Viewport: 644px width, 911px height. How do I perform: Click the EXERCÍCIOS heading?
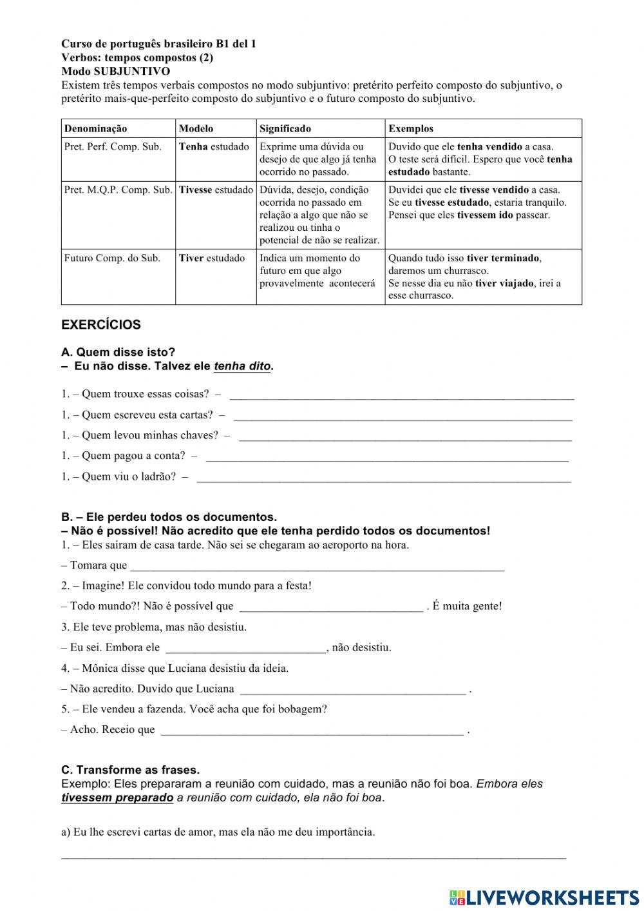pyautogui.click(x=100, y=325)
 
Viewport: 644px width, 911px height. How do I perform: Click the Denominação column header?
pyautogui.click(x=95, y=128)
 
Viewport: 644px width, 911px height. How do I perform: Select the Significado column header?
pyautogui.click(x=285, y=128)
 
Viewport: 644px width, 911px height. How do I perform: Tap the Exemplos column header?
pyautogui.click(x=410, y=128)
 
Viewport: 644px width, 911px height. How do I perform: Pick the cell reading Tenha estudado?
pyautogui.click(x=214, y=146)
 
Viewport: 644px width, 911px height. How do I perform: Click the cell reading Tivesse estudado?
pyautogui.click(x=216, y=190)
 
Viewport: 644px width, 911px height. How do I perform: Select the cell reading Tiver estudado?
pyautogui.click(x=212, y=258)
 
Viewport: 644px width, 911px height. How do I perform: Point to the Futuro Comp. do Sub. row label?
pyautogui.click(x=112, y=258)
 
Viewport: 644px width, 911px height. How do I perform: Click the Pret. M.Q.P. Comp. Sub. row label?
pyautogui.click(x=118, y=190)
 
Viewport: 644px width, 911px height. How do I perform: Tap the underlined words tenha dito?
pyautogui.click(x=242, y=366)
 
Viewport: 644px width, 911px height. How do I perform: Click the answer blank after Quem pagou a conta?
pyautogui.click(x=386, y=456)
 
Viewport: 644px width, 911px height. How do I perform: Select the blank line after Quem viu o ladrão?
pyautogui.click(x=383, y=477)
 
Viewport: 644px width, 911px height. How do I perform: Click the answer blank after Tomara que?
pyautogui.click(x=317, y=566)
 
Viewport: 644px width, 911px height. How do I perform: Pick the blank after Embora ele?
pyautogui.click(x=245, y=648)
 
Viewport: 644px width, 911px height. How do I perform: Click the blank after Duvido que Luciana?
pyautogui.click(x=352, y=689)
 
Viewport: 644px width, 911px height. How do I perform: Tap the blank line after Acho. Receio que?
pyautogui.click(x=312, y=730)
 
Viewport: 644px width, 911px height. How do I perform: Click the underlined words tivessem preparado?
pyautogui.click(x=117, y=798)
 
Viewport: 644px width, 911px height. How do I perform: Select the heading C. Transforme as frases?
pyautogui.click(x=131, y=770)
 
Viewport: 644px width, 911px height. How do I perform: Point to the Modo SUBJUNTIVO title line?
pyautogui.click(x=116, y=71)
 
